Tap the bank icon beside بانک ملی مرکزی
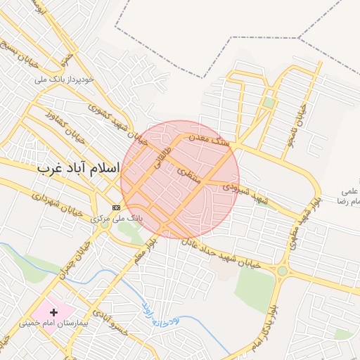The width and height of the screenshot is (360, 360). click(116, 207)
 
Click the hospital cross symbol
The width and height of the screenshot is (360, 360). click(53, 311)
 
